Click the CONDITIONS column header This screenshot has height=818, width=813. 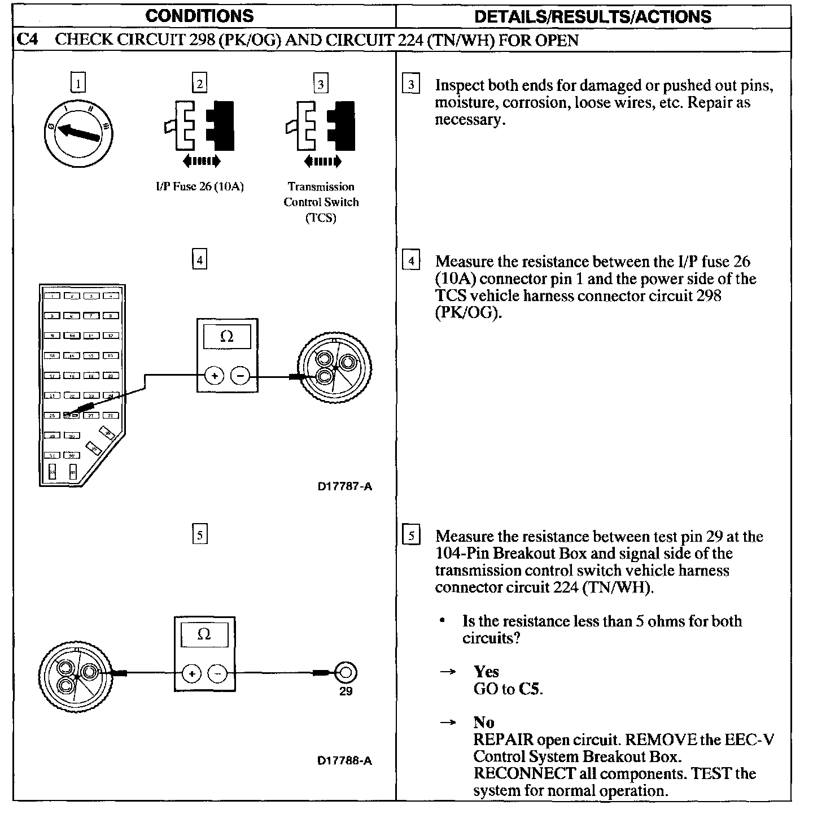click(x=199, y=16)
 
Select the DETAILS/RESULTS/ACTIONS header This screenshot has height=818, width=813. click(x=593, y=16)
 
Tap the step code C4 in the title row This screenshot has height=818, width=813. click(x=28, y=40)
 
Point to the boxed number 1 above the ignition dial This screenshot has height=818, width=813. click(x=78, y=84)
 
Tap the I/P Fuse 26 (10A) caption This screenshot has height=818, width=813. click(x=200, y=187)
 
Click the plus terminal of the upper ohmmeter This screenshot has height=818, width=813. click(x=214, y=375)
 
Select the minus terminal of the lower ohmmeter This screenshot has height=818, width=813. click(x=218, y=673)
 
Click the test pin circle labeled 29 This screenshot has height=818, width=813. click(x=346, y=672)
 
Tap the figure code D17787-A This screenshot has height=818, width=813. click(x=344, y=486)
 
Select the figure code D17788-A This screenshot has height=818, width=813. click(x=344, y=760)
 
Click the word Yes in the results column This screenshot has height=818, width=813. click(x=486, y=672)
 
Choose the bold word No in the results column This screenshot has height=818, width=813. click(x=484, y=723)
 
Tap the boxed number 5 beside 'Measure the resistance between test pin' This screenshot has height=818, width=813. click(x=412, y=536)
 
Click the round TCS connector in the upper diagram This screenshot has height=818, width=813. click(x=335, y=368)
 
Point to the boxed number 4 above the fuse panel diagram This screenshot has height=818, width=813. click(x=199, y=260)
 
